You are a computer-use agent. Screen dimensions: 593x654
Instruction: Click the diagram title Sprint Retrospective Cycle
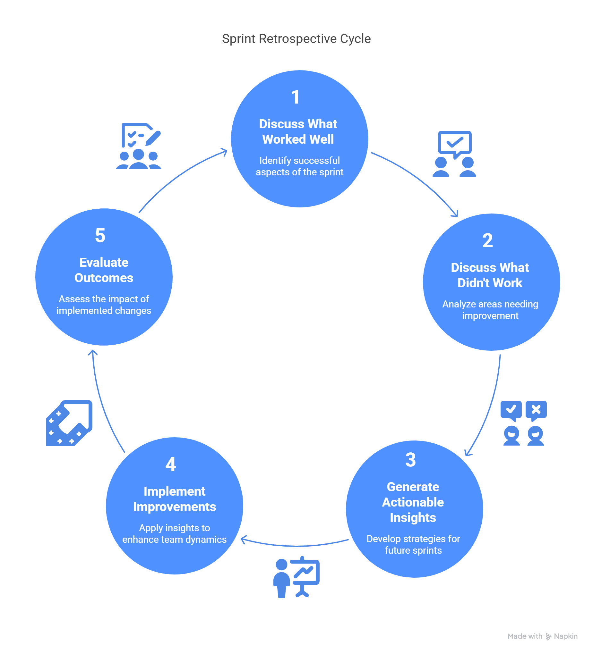click(296, 39)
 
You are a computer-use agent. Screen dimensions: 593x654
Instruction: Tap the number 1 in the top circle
click(295, 97)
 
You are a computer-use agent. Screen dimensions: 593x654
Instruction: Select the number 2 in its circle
click(487, 240)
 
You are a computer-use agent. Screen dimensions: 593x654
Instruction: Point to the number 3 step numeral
click(410, 460)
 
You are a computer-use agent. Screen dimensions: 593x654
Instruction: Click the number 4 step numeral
click(171, 464)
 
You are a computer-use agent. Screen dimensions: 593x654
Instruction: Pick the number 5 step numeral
click(100, 235)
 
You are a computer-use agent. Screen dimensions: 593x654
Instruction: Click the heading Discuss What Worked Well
click(298, 131)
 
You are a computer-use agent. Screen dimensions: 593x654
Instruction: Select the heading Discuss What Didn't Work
click(490, 275)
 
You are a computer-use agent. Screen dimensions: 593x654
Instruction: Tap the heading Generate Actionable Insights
click(413, 502)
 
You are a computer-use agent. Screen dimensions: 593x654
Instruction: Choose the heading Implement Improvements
click(174, 499)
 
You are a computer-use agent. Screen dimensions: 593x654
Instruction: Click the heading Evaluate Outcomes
click(104, 270)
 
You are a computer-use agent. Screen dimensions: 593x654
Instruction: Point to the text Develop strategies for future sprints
click(413, 544)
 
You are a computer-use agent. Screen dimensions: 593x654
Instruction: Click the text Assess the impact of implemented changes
click(104, 305)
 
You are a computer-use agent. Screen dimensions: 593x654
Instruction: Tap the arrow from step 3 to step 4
click(295, 546)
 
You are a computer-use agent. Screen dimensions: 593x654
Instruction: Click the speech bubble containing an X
click(536, 410)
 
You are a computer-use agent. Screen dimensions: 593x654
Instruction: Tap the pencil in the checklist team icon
click(153, 138)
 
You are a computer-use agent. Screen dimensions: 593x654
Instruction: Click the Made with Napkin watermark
click(542, 636)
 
